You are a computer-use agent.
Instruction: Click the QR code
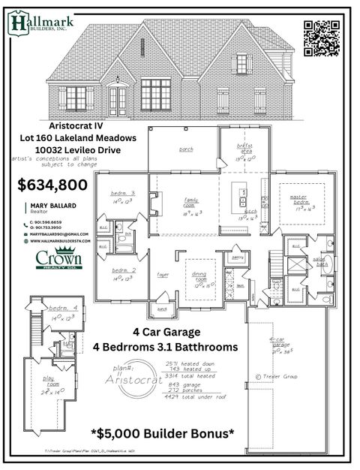tap(322, 38)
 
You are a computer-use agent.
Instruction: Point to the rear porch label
tap(186, 149)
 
